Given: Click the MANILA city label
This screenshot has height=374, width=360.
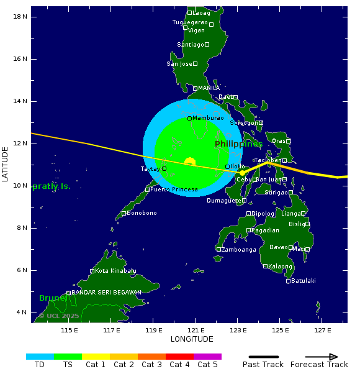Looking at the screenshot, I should pos(209,88).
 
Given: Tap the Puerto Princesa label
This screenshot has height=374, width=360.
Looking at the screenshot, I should pos(174,189).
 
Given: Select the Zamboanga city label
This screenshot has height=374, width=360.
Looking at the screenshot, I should pos(239,250).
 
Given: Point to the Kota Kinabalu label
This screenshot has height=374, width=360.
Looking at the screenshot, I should pos(115,271).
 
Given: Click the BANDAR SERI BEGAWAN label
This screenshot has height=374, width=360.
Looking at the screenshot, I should pos(106,293).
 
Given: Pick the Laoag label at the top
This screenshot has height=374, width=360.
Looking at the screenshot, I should pos(201,13).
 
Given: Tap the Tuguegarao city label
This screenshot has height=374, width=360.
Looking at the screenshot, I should pos(190,22).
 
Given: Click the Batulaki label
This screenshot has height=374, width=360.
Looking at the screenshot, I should pos(304,281).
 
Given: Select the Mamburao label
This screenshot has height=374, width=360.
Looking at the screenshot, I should pos(208,118).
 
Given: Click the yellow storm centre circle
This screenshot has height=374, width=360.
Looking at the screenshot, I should pos(190,162).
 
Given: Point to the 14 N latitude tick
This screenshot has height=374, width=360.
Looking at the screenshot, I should pos(20,101).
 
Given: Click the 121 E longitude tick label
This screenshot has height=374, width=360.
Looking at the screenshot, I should pos(196,330).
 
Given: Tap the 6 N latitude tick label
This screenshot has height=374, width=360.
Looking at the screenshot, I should pos(20,270).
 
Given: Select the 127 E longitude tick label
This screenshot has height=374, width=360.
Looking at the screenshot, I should pos(322,330).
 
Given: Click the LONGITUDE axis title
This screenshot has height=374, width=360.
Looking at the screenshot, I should pos(192,339).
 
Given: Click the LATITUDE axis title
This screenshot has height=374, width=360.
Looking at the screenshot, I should pos(6,164).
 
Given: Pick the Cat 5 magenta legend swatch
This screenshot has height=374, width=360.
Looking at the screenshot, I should pos(207,357).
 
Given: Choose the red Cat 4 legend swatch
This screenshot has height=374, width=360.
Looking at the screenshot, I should pos(179,357).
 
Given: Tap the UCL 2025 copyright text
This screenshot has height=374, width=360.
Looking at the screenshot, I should pos(59,316).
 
